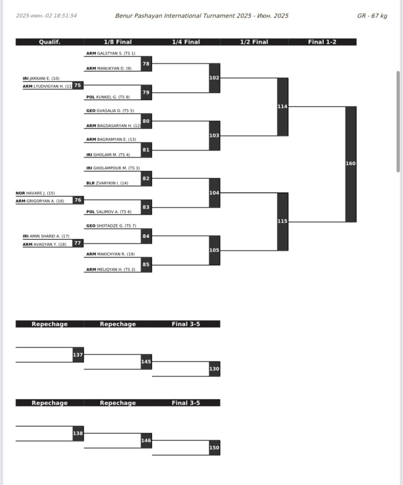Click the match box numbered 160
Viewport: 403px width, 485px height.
(351, 164)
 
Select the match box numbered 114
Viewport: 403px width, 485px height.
(283, 106)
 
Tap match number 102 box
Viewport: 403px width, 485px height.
(214, 78)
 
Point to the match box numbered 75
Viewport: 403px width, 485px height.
(78, 86)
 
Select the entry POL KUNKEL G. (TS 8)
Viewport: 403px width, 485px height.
(108, 97)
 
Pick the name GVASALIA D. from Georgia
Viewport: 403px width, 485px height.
(110, 111)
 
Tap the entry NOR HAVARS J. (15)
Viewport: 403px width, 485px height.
(35, 193)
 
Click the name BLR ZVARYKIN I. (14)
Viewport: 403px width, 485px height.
(107, 183)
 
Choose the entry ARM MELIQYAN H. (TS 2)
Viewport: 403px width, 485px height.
(111, 269)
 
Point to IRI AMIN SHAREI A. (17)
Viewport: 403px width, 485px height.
(46, 236)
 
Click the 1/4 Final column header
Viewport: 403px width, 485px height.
(186, 42)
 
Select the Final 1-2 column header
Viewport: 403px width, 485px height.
(322, 42)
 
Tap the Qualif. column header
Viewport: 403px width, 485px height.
(50, 42)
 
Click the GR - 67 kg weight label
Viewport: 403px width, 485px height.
(372, 16)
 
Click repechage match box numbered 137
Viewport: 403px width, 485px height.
(78, 355)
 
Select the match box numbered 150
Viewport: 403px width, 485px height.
(214, 447)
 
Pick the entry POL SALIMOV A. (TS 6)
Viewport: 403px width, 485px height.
(109, 212)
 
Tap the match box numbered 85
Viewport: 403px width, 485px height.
(146, 264)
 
